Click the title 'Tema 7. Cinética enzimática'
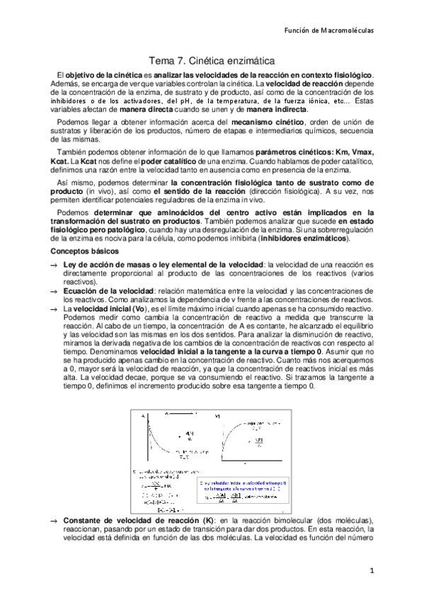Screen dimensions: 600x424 pos(212,62)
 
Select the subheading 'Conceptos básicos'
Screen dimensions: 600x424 pos(84,251)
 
